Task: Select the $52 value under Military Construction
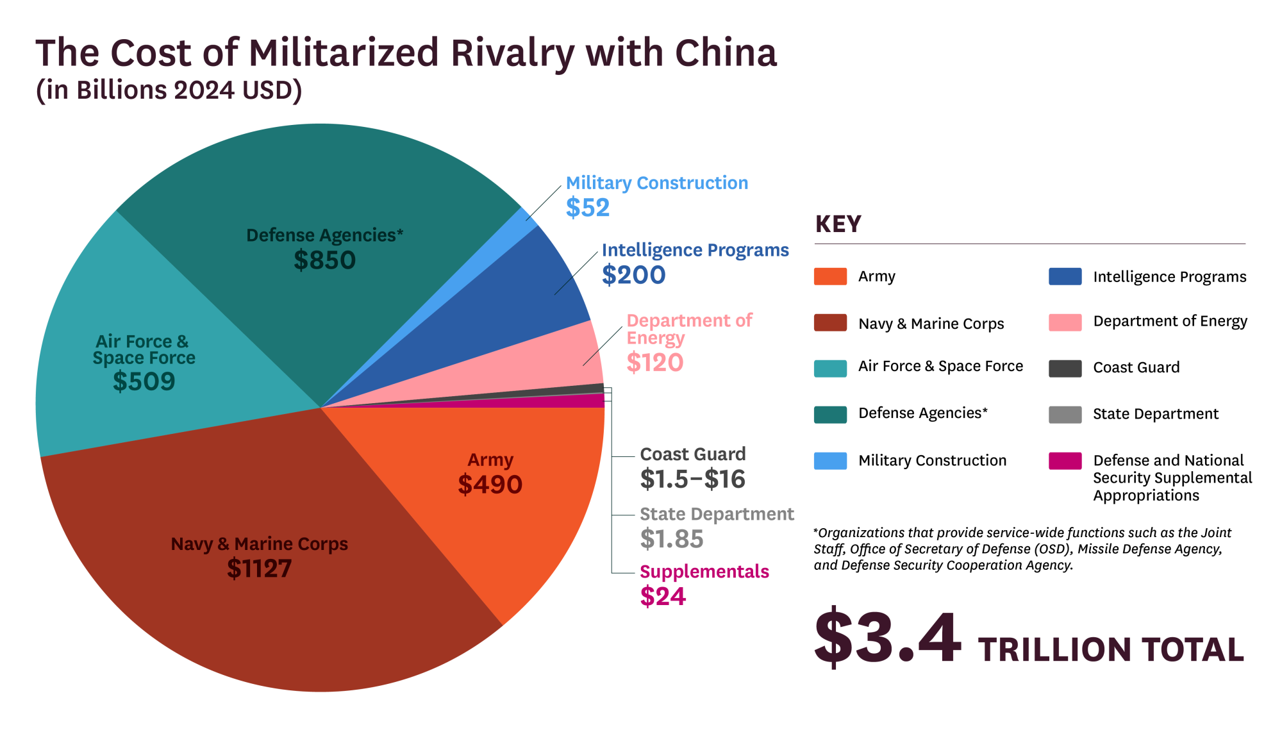click(587, 208)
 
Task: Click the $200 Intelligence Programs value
click(633, 275)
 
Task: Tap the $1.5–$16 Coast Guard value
click(692, 479)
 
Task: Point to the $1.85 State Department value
click(671, 539)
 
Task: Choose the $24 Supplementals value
click(663, 597)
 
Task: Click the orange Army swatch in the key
click(830, 276)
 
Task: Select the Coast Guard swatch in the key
click(1065, 368)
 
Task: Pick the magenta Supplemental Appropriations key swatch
click(1065, 461)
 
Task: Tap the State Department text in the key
click(1155, 414)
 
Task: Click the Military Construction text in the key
click(932, 460)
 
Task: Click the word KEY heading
click(838, 224)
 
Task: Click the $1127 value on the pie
click(259, 569)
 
